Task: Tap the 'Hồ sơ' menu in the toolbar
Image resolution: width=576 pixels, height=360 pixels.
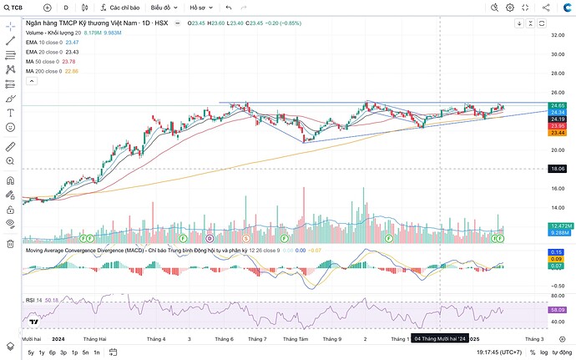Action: tap(200, 8)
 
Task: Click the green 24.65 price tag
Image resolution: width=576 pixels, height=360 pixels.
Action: tap(558, 105)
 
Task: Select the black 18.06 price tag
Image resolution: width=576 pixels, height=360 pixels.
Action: tap(558, 169)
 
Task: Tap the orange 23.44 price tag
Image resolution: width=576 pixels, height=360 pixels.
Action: tap(558, 133)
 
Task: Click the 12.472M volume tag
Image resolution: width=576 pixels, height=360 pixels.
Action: tap(558, 226)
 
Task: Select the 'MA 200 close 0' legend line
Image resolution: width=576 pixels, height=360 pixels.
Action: tap(44, 71)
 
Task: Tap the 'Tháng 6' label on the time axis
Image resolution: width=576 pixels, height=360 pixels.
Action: tap(223, 339)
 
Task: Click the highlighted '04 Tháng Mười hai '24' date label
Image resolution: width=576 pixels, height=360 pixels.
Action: tap(440, 339)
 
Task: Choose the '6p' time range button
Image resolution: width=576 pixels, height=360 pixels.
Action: tap(52, 353)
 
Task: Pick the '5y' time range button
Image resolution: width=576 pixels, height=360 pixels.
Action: tap(31, 353)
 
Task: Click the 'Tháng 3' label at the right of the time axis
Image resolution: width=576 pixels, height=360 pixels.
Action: tap(534, 339)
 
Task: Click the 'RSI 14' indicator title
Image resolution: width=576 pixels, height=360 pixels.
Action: tap(34, 299)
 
